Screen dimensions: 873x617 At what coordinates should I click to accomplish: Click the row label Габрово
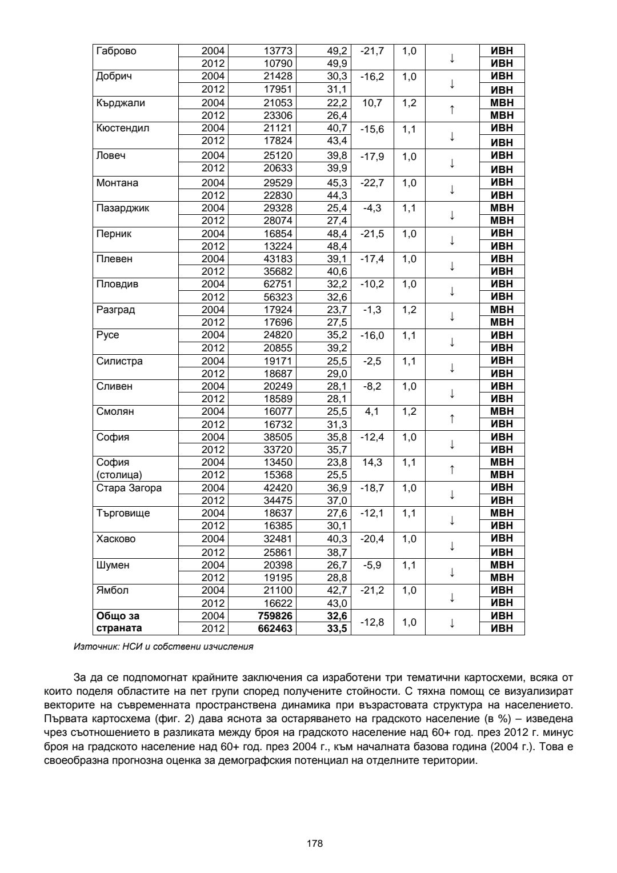tap(117, 51)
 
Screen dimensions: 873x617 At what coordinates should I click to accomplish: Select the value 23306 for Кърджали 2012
tap(278, 115)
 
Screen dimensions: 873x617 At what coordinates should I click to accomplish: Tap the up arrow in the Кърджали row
tap(452, 110)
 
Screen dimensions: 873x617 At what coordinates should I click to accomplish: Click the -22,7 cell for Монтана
tap(372, 183)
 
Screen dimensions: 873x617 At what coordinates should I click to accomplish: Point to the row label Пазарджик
tap(123, 208)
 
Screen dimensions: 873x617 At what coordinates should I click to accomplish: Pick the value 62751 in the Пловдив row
tap(278, 284)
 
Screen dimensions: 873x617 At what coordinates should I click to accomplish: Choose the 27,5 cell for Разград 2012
tap(337, 322)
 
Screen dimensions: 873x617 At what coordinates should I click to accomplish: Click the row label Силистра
tap(119, 361)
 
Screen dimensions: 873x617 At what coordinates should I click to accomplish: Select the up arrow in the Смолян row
tap(452, 418)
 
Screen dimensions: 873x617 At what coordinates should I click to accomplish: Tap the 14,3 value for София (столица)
tap(372, 462)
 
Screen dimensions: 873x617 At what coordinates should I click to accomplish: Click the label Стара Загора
tap(129, 488)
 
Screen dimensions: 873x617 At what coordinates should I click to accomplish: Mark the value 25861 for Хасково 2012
tap(278, 552)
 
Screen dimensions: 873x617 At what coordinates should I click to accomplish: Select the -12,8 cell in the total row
tap(372, 622)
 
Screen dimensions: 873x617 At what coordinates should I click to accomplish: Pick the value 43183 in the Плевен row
tap(278, 259)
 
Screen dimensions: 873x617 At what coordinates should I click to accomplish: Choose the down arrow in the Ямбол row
tap(452, 597)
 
